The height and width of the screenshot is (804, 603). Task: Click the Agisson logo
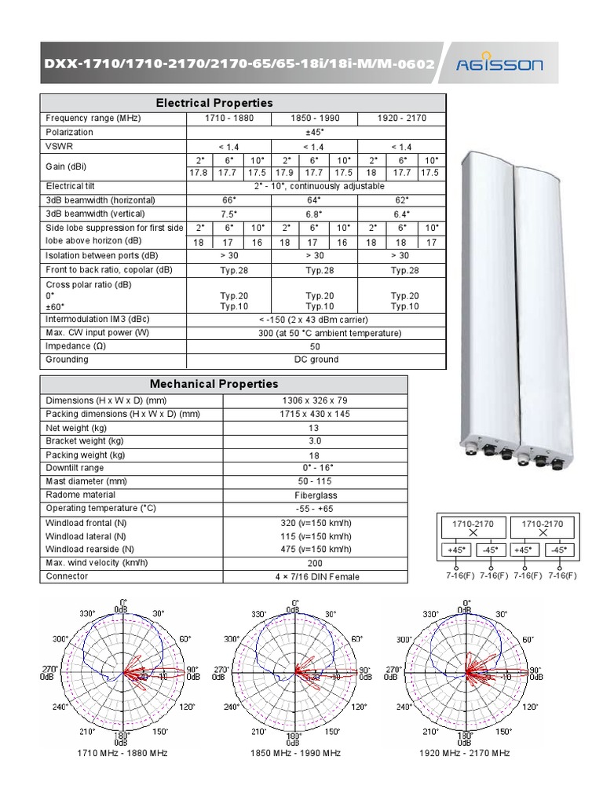[500, 65]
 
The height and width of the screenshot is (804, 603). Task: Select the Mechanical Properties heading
[214, 384]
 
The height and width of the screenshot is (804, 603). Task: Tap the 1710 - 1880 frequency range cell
[228, 118]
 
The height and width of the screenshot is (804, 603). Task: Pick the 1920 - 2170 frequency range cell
[401, 118]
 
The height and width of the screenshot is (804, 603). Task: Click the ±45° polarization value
[315, 132]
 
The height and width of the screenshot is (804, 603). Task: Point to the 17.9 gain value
[285, 173]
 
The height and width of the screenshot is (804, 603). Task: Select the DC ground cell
[315, 360]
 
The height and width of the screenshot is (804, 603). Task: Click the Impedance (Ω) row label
[71, 346]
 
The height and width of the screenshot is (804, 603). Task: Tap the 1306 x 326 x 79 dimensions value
[316, 400]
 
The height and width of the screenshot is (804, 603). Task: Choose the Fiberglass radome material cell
[316, 495]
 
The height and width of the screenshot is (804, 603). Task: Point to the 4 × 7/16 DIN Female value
[316, 576]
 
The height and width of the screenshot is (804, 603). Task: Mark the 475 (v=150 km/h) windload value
[316, 549]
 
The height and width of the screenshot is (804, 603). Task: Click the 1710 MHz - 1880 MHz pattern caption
[122, 753]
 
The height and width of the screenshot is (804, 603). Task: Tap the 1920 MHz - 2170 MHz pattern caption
[465, 753]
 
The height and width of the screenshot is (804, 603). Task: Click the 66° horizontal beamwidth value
[228, 200]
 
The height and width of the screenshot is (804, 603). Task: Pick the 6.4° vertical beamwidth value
[401, 214]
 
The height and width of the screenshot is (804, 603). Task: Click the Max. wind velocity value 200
[316, 563]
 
